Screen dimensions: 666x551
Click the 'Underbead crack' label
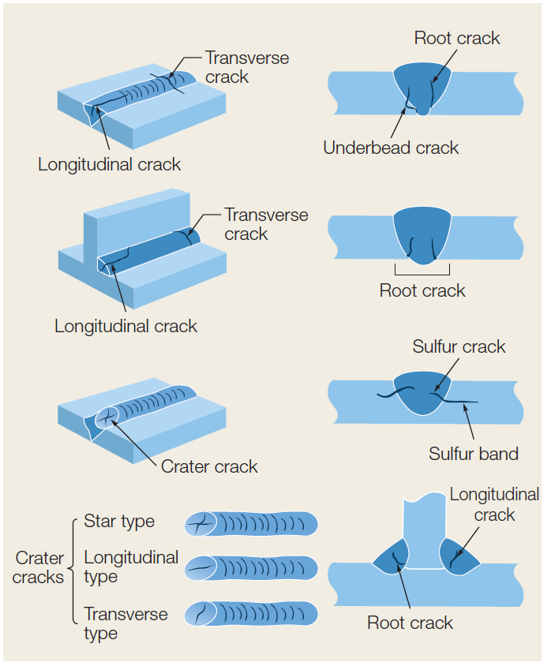click(x=391, y=148)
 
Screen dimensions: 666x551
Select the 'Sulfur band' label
click(x=474, y=454)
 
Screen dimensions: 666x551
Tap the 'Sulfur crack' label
click(x=459, y=347)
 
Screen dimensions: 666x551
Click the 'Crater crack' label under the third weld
click(x=209, y=466)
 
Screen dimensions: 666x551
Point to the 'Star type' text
click(x=119, y=522)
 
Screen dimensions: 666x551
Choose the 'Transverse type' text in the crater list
click(x=126, y=623)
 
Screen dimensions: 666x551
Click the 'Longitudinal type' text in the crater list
click(x=131, y=567)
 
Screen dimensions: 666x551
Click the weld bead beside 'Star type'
click(x=251, y=523)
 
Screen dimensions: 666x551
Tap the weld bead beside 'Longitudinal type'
click(x=251, y=568)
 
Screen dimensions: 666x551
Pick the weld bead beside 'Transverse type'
click(x=251, y=614)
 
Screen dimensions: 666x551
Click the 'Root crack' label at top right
click(x=457, y=38)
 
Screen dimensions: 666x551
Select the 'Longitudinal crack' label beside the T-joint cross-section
click(x=494, y=504)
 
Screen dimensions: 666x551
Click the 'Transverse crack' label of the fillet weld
click(x=256, y=224)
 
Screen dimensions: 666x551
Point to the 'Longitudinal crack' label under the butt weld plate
click(x=109, y=165)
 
